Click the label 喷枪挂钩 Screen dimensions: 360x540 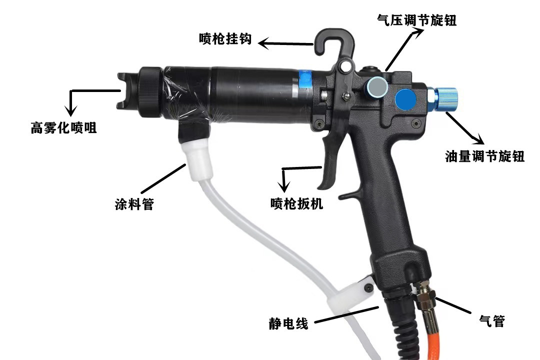(x=225, y=39)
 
